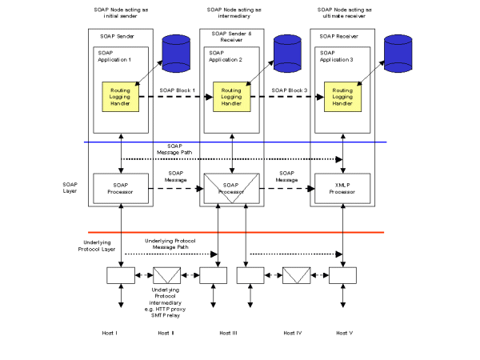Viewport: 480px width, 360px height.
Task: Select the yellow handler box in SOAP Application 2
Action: pyautogui.click(x=231, y=97)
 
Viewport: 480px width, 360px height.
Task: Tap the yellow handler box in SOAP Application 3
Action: pyautogui.click(x=342, y=97)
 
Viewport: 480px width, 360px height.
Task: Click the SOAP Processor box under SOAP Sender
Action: pyautogui.click(x=120, y=188)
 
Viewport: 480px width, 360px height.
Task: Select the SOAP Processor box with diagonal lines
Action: pyautogui.click(x=231, y=189)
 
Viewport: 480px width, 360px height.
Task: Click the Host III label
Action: pyautogui.click(x=231, y=331)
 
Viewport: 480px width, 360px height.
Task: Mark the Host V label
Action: pyautogui.click(x=344, y=331)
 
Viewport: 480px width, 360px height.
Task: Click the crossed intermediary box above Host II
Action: pyautogui.click(x=166, y=276)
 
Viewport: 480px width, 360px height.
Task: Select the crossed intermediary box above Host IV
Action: pyautogui.click(x=294, y=276)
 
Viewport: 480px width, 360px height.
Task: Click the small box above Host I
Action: pyautogui.click(x=121, y=276)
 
